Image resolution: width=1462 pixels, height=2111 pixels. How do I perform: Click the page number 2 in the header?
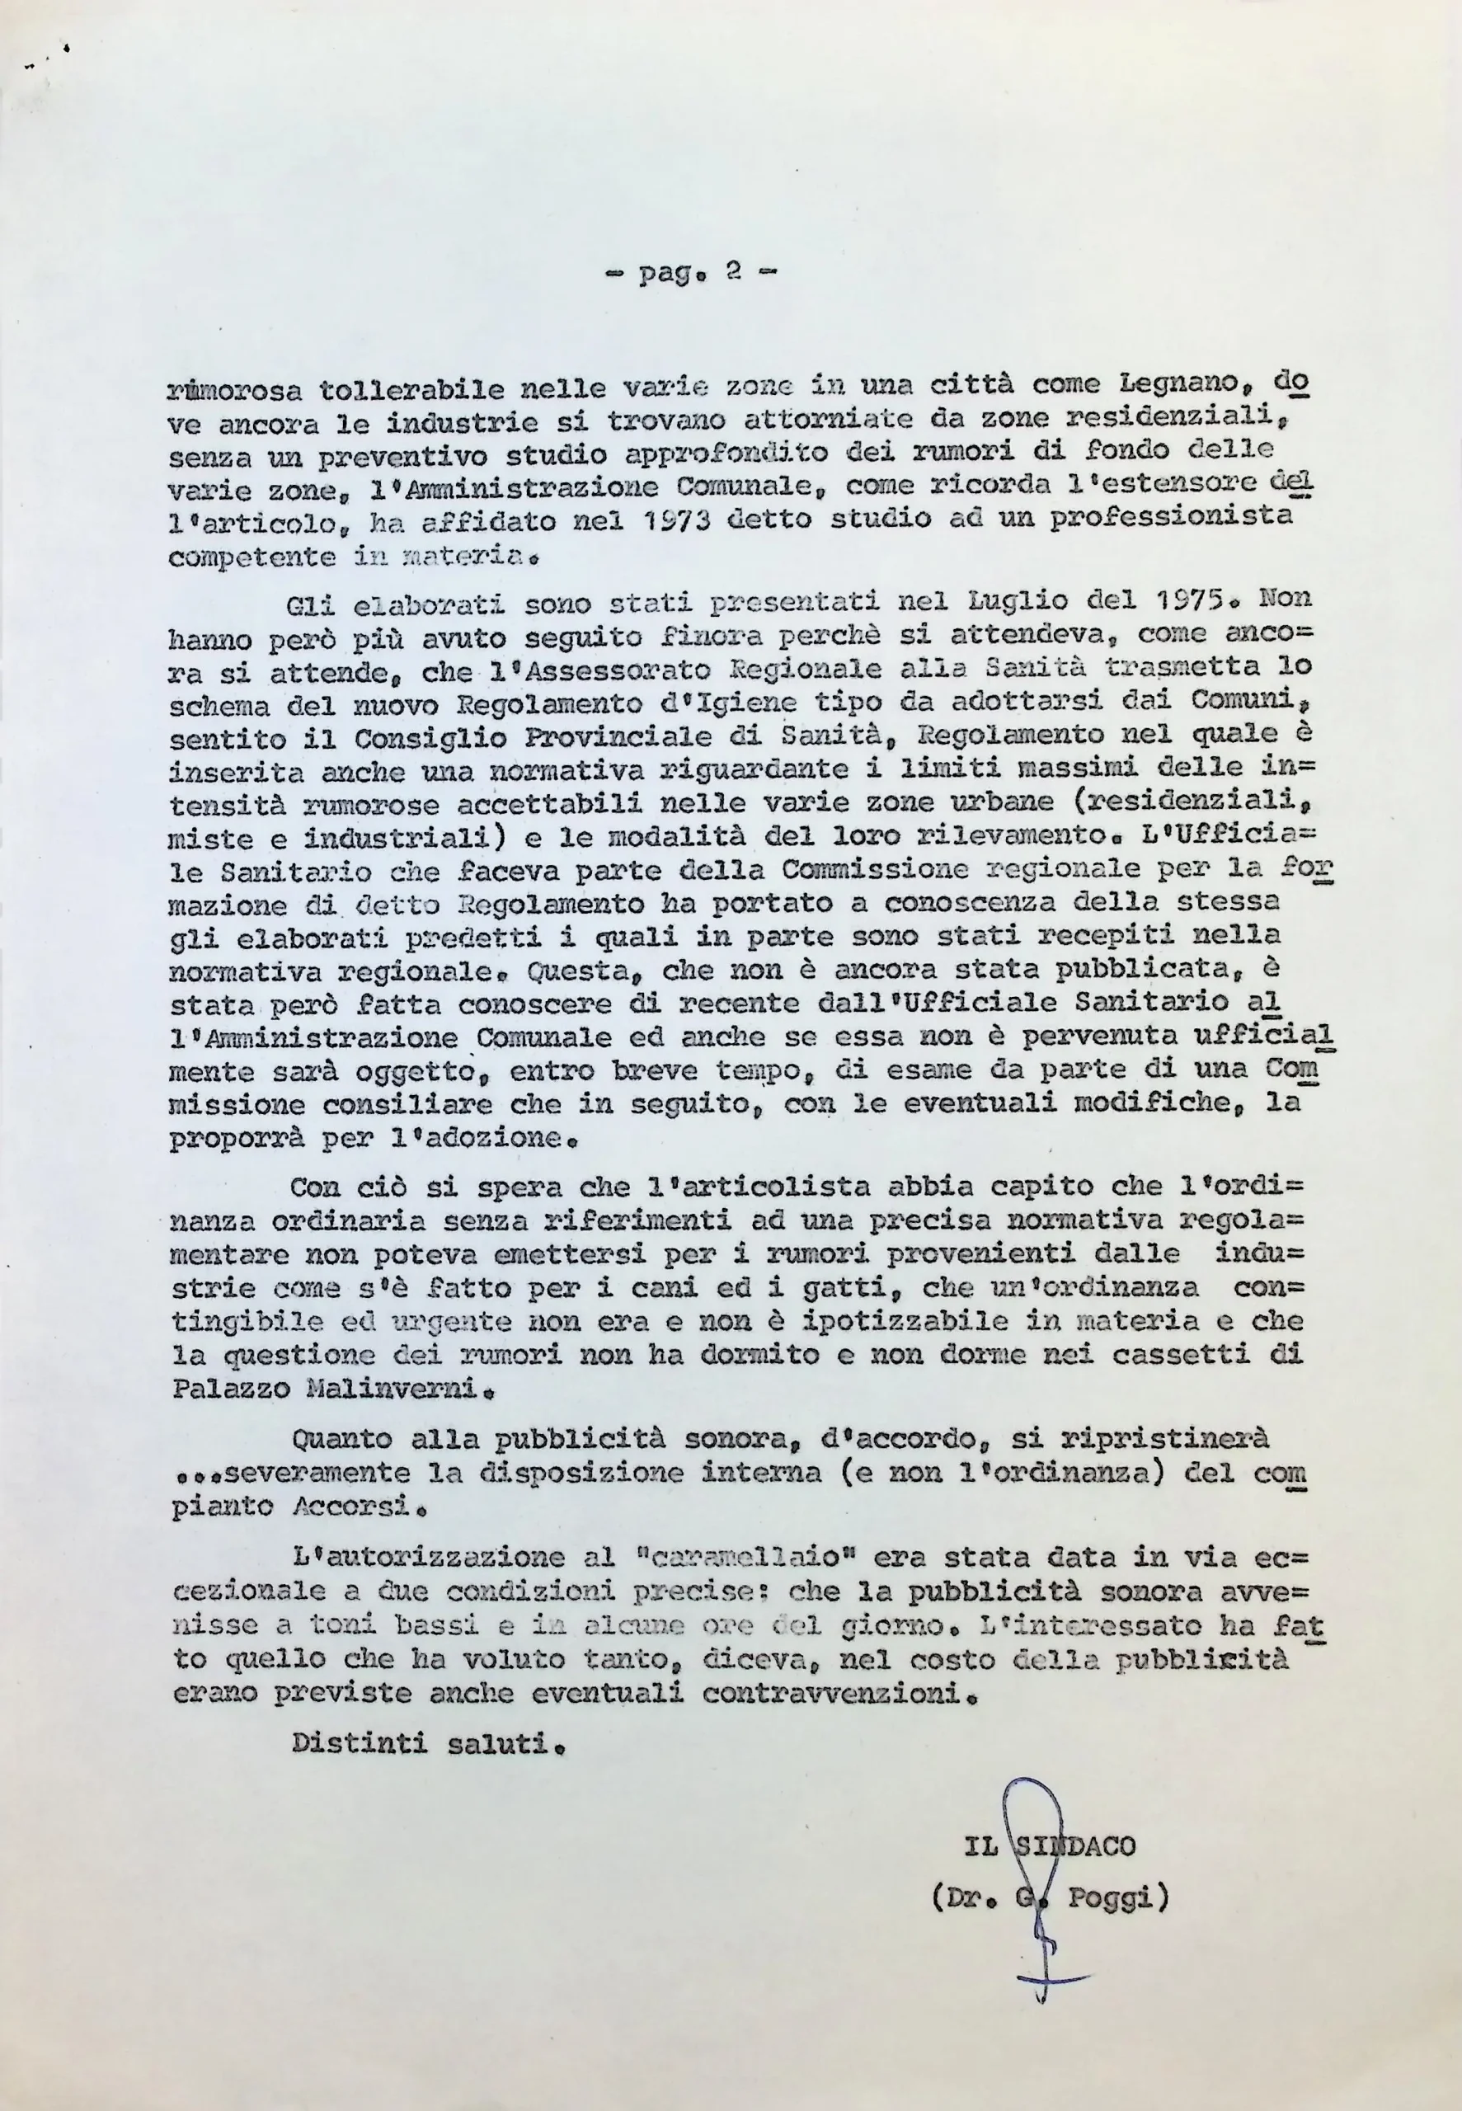pyautogui.click(x=732, y=272)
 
